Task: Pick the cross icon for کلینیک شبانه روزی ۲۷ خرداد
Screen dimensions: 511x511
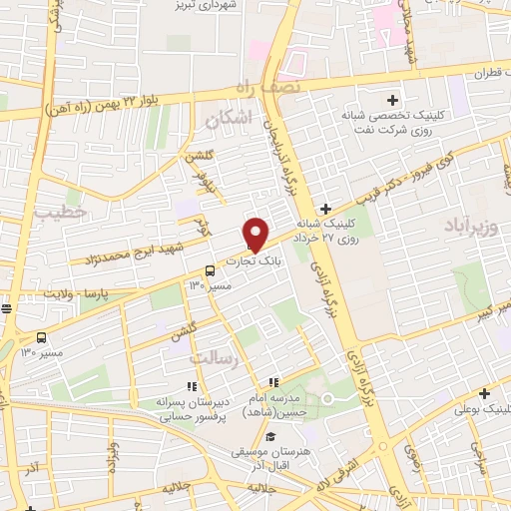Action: [326, 208]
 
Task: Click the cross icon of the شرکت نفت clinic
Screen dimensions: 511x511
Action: [392, 100]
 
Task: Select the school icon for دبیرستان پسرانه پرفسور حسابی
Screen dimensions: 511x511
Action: [192, 386]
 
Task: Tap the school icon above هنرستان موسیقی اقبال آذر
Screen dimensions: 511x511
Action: [270, 436]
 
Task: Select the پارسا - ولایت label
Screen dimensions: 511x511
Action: [51, 296]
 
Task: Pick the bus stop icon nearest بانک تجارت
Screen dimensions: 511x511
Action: [210, 270]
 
